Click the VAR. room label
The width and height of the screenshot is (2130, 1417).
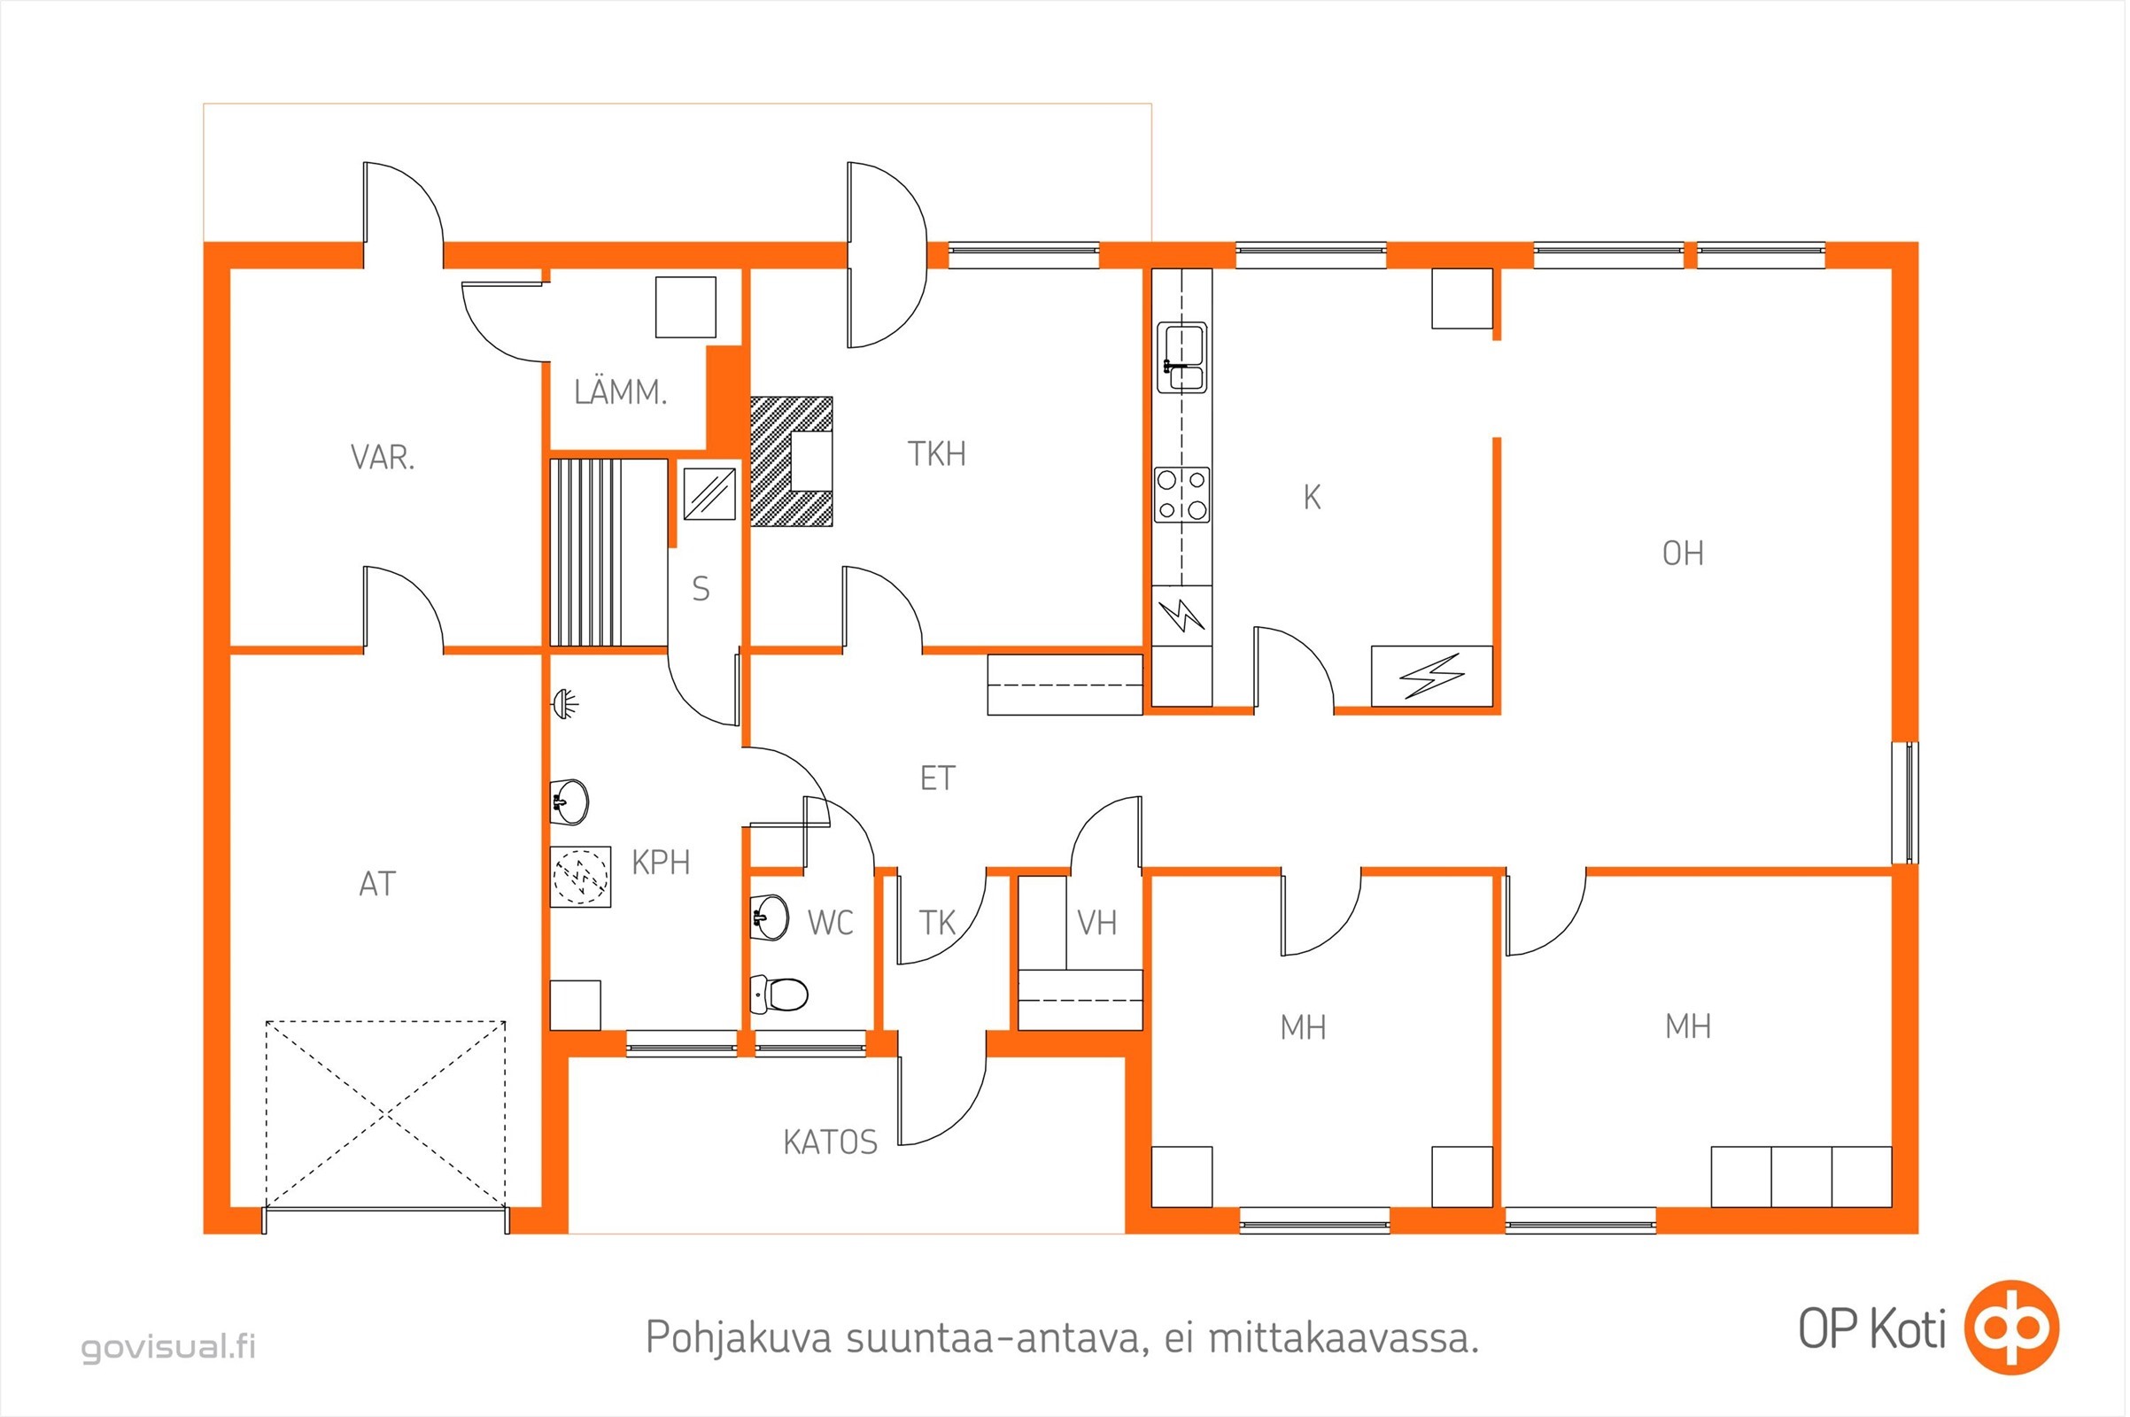click(x=383, y=457)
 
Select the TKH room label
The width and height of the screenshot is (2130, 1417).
click(x=937, y=453)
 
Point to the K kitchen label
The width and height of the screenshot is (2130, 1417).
click(x=1313, y=497)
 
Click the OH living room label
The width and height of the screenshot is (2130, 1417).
click(x=1683, y=553)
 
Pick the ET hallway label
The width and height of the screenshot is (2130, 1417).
click(x=937, y=778)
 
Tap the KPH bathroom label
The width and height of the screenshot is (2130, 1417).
click(x=661, y=862)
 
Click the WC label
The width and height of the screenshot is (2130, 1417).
click(x=830, y=923)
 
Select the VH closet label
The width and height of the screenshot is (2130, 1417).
click(x=1097, y=923)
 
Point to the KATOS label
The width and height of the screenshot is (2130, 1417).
click(x=830, y=1142)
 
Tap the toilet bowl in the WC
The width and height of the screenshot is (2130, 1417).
click(x=778, y=995)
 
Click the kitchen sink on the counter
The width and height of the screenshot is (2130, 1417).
click(x=1182, y=358)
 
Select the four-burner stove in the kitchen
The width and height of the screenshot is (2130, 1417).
click(x=1182, y=494)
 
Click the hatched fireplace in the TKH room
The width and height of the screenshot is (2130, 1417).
click(x=792, y=461)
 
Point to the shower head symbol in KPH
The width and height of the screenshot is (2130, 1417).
click(x=566, y=703)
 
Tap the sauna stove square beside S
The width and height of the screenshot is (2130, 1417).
click(x=709, y=494)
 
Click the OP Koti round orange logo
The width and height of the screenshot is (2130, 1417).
click(x=2011, y=1327)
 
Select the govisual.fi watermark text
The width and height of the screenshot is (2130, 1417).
click(x=169, y=1346)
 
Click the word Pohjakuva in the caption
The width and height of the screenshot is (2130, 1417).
click(x=739, y=1337)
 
